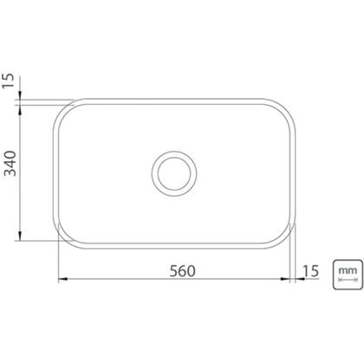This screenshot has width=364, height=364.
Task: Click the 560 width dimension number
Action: [x=182, y=271]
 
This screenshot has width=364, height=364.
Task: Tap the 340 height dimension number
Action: [x=11, y=163]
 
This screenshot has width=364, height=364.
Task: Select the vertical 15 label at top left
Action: [x=9, y=81]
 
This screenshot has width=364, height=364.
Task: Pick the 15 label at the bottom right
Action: [x=310, y=271]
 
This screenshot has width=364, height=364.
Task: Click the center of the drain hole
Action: [x=174, y=173]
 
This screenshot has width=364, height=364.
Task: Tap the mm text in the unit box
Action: [x=348, y=270]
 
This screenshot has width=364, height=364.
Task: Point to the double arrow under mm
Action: [x=348, y=280]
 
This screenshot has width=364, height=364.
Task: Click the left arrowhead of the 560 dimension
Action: [x=62, y=279]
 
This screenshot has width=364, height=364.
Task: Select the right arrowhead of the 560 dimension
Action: [x=285, y=279]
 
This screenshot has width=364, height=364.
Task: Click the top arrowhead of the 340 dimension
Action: [x=20, y=109]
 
